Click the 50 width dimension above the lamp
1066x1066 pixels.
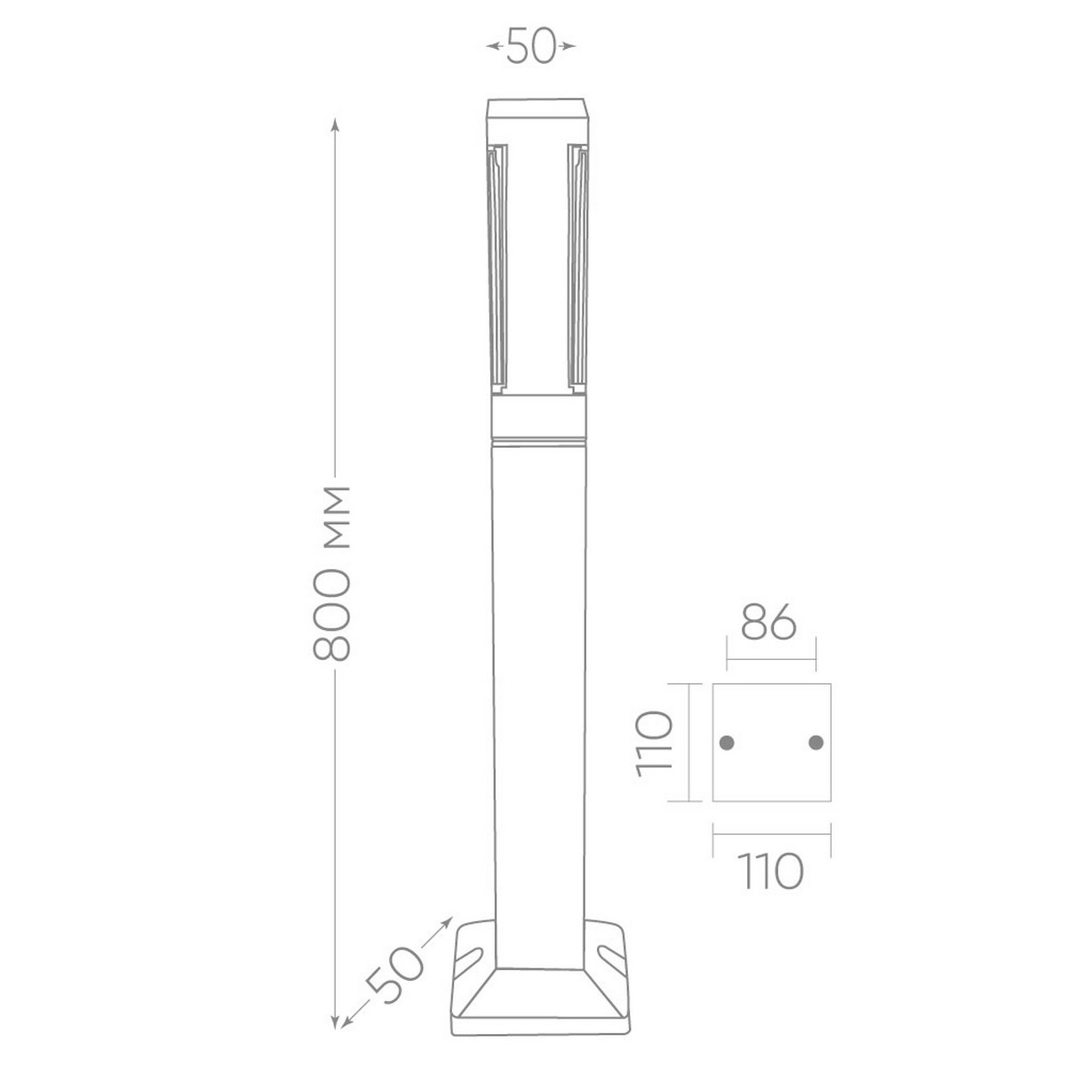(x=530, y=46)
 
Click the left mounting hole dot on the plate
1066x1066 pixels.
(x=727, y=743)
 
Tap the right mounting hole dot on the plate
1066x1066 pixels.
(x=816, y=743)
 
